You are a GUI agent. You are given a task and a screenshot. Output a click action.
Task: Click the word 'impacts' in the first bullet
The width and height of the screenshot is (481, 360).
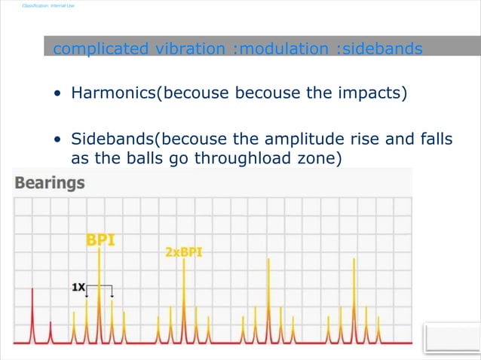tap(373, 93)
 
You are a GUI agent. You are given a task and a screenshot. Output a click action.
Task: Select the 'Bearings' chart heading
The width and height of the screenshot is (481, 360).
tap(50, 183)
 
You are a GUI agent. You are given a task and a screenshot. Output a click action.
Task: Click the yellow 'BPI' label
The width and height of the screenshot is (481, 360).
tap(100, 240)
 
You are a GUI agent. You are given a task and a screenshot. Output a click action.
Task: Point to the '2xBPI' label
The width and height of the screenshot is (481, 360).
tap(183, 253)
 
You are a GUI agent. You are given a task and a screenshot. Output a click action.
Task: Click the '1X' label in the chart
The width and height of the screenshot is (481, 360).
tap(78, 287)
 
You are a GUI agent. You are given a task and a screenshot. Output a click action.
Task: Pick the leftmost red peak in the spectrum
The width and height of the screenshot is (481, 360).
tap(32, 316)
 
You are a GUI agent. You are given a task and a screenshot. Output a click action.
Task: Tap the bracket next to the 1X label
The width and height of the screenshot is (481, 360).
tap(100, 288)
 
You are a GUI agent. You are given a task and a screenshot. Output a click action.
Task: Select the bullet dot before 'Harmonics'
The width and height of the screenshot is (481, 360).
tap(58, 95)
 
